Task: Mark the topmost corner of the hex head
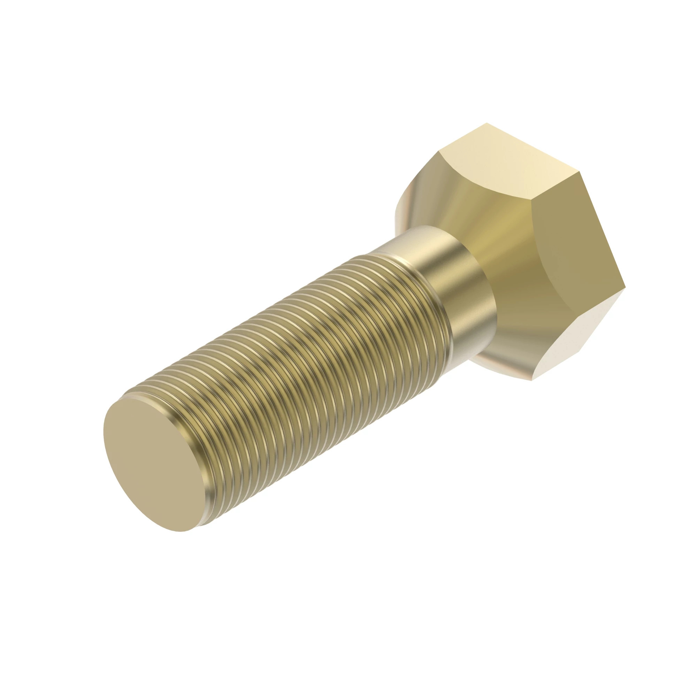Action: click(487, 123)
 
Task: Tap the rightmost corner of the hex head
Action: click(625, 288)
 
